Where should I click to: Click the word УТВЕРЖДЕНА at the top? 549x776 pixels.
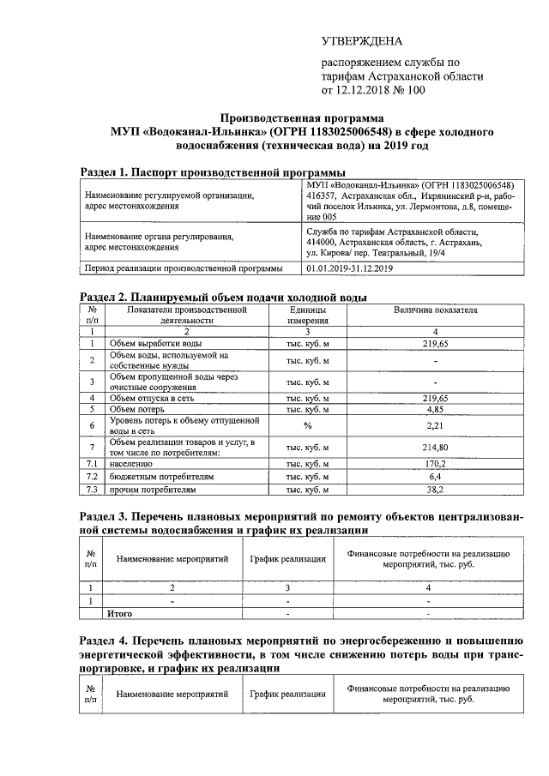pyautogui.click(x=361, y=41)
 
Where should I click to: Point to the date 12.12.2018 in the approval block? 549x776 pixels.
pyautogui.click(x=370, y=89)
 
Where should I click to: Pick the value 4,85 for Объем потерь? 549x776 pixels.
pyautogui.click(x=436, y=410)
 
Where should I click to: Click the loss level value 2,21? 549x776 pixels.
pyautogui.click(x=436, y=425)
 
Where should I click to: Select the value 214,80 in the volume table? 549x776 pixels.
pyautogui.click(x=436, y=448)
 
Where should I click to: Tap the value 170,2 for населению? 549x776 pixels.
pyautogui.click(x=436, y=463)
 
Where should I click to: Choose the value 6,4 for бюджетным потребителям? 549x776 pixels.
pyautogui.click(x=436, y=476)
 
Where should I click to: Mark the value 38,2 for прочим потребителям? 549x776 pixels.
pyautogui.click(x=436, y=490)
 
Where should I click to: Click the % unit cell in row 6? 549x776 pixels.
pyautogui.click(x=306, y=425)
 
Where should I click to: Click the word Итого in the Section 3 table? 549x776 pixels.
pyautogui.click(x=119, y=614)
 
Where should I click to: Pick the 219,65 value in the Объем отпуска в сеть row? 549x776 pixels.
pyautogui.click(x=436, y=398)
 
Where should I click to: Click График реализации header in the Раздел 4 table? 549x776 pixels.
pyautogui.click(x=287, y=694)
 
